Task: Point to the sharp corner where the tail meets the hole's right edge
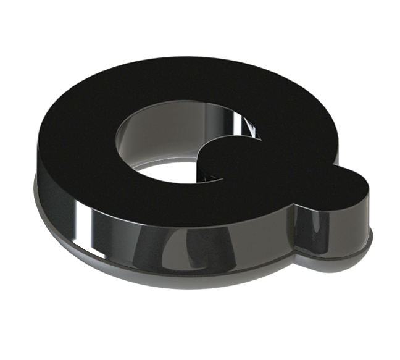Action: pos(262,140)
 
